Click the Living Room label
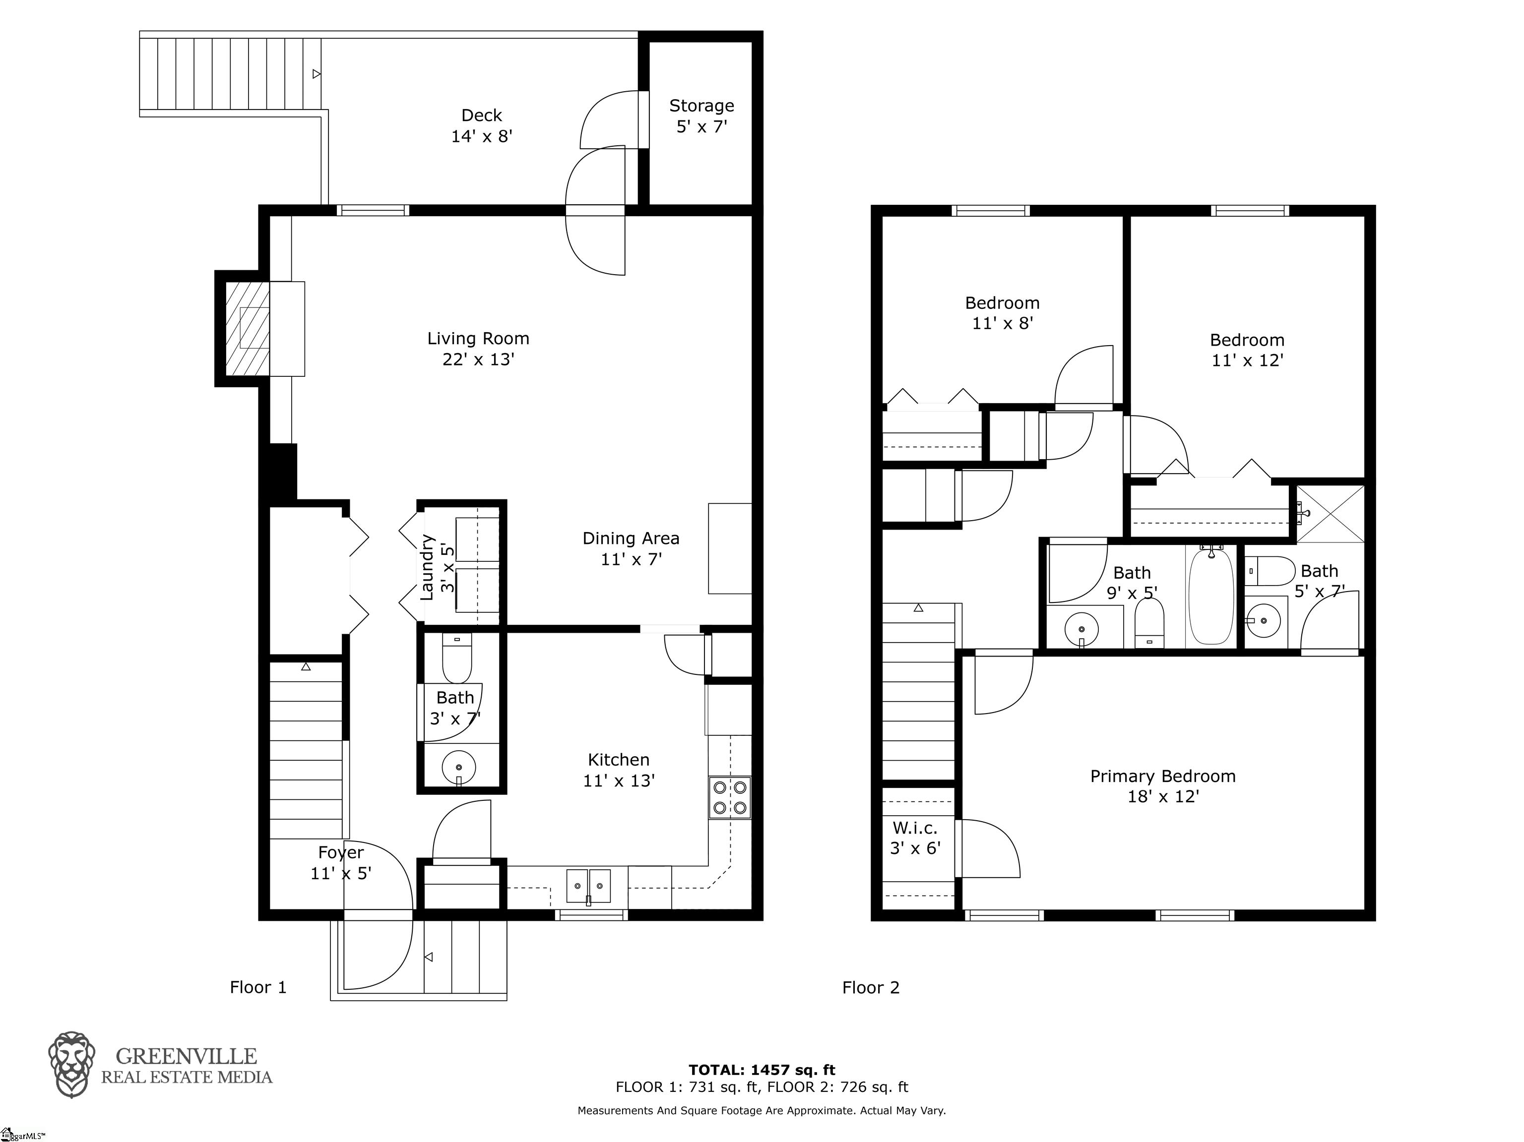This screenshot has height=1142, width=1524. click(x=478, y=349)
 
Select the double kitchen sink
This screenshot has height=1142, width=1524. click(x=588, y=886)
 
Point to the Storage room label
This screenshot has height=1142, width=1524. click(x=701, y=116)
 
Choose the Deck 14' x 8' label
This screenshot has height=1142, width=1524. click(x=482, y=125)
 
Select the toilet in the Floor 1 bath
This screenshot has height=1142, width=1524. click(x=456, y=659)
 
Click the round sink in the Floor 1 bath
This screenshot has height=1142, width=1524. click(x=458, y=765)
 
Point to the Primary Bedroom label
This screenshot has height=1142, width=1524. click(x=1162, y=786)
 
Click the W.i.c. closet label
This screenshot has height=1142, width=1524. click(x=915, y=838)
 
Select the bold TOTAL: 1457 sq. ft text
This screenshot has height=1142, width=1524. click(x=762, y=1070)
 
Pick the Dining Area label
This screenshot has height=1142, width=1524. click(x=631, y=548)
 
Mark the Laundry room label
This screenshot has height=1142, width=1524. click(x=437, y=567)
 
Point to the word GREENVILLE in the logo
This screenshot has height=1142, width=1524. click(x=186, y=1057)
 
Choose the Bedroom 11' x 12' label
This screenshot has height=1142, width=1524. click(x=1247, y=350)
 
